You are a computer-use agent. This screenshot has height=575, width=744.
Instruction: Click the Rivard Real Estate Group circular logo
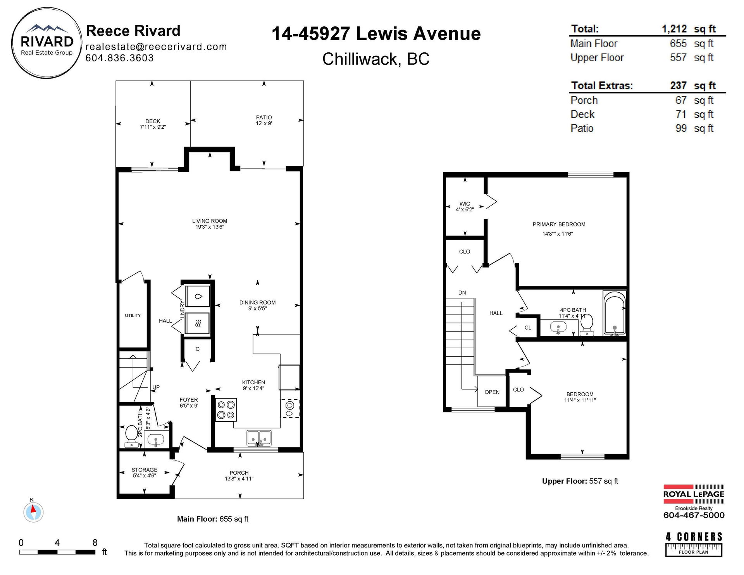click(x=47, y=43)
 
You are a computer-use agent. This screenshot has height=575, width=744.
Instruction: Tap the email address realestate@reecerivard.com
click(x=156, y=47)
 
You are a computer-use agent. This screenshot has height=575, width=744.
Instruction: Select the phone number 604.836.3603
click(x=119, y=58)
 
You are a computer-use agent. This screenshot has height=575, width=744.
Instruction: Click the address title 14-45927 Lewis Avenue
click(x=376, y=33)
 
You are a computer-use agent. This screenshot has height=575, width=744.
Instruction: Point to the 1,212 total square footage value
click(x=674, y=29)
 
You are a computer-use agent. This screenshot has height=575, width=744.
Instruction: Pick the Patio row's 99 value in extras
click(x=681, y=128)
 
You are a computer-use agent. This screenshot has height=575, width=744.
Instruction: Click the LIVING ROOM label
click(x=210, y=221)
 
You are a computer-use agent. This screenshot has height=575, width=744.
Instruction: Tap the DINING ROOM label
click(x=257, y=302)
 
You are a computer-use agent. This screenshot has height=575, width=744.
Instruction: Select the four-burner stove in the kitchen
click(x=226, y=410)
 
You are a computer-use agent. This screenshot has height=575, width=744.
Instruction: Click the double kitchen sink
click(x=259, y=438)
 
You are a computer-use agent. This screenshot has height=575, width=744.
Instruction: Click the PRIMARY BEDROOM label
click(x=559, y=224)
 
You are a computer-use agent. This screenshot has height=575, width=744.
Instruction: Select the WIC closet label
click(x=465, y=204)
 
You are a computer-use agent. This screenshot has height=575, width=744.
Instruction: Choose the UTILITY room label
click(x=133, y=316)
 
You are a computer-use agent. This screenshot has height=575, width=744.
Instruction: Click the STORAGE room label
click(x=144, y=470)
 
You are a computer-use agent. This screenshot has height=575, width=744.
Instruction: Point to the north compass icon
click(x=33, y=511)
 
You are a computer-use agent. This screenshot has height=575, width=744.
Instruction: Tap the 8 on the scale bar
click(x=95, y=542)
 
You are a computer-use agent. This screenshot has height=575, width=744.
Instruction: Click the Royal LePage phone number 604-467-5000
click(x=694, y=515)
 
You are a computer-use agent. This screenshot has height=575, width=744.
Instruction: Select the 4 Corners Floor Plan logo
click(x=694, y=544)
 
